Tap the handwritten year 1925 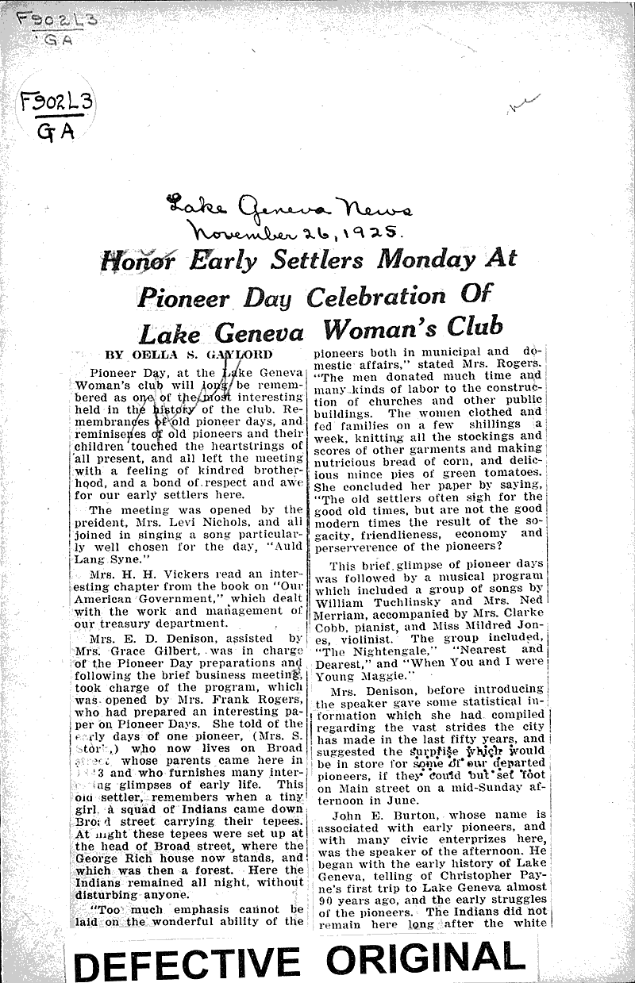point(372,232)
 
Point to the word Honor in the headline point(140,260)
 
